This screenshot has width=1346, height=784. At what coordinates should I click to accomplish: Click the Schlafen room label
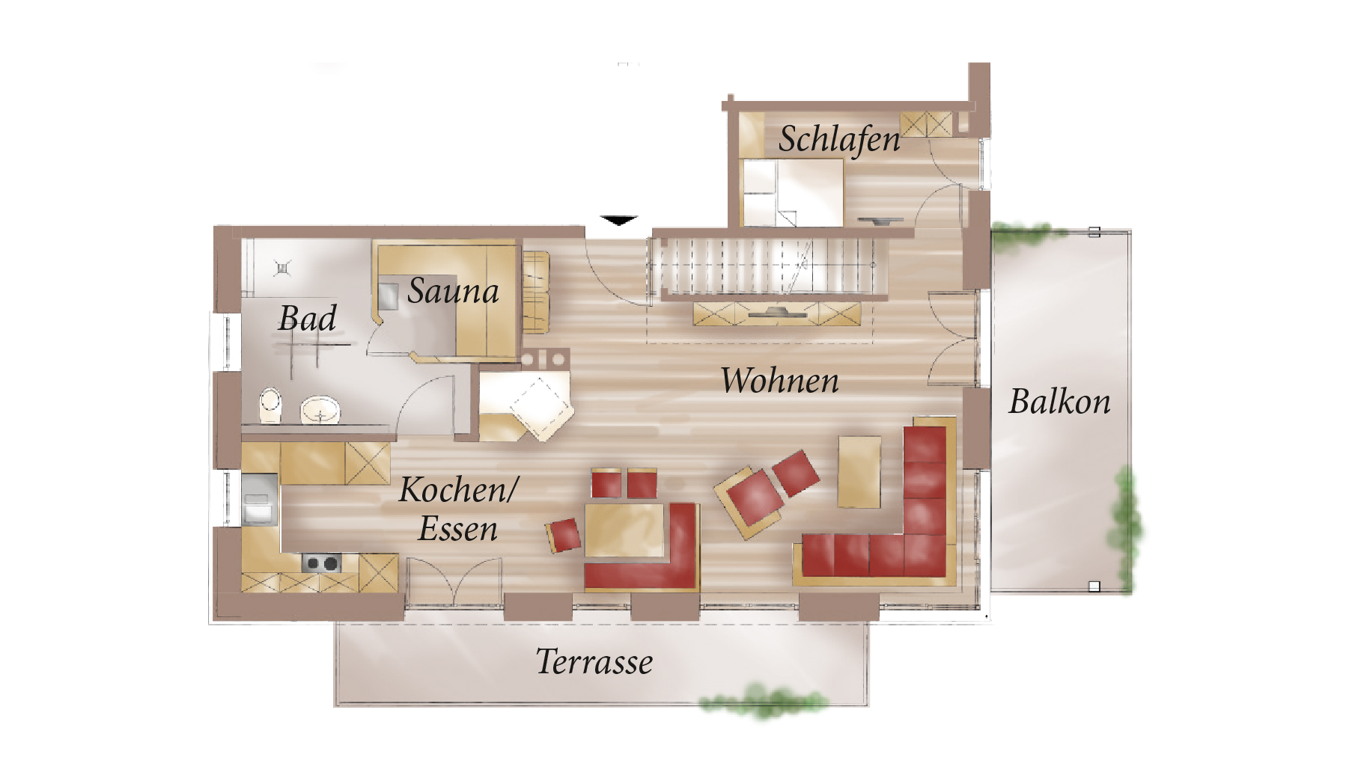pyautogui.click(x=839, y=139)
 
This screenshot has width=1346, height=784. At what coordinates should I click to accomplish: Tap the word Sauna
pyautogui.click(x=453, y=290)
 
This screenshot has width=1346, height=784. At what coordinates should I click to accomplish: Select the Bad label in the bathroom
pyautogui.click(x=307, y=318)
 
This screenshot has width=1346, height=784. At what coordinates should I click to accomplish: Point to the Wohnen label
pyautogui.click(x=779, y=380)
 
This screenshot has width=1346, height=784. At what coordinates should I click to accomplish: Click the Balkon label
pyautogui.click(x=1059, y=401)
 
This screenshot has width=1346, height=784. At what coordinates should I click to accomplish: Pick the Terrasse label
pyautogui.click(x=594, y=661)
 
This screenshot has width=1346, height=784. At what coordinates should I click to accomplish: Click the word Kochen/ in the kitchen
pyautogui.click(x=458, y=489)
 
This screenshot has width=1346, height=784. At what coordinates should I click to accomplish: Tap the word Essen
pyautogui.click(x=457, y=529)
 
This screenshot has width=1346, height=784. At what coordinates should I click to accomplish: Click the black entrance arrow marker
pyautogui.click(x=618, y=220)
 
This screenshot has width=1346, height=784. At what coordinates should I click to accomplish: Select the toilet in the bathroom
pyautogui.click(x=270, y=405)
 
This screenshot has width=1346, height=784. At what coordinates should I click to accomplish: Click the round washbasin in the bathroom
pyautogui.click(x=320, y=410)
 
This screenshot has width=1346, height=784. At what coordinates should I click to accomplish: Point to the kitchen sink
pyautogui.click(x=259, y=499)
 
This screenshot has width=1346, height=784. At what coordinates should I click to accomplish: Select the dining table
pyautogui.click(x=625, y=530)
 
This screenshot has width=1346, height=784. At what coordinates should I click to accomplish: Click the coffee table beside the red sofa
pyautogui.click(x=859, y=472)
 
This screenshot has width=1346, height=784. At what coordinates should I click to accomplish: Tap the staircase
pyautogui.click(x=768, y=266)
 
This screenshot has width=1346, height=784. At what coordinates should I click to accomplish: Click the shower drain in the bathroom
pyautogui.click(x=282, y=267)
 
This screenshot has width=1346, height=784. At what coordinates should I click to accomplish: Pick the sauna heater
pyautogui.click(x=388, y=296)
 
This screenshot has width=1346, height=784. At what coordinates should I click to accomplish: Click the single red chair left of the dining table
pyautogui.click(x=564, y=535)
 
